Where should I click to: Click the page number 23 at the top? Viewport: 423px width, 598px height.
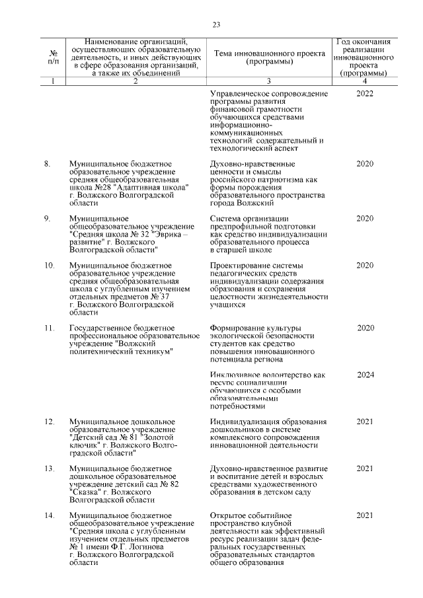215,25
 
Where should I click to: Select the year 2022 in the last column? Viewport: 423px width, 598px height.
365,94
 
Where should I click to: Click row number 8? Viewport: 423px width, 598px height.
48,163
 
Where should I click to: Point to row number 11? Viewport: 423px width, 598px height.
49,328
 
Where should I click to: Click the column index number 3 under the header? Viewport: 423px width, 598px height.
269,81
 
